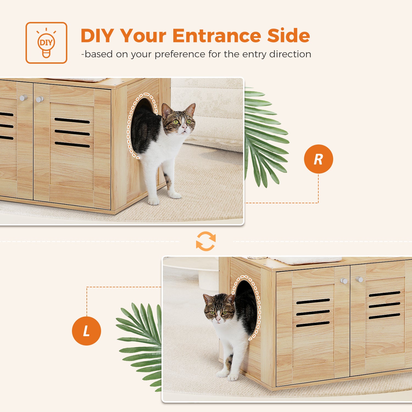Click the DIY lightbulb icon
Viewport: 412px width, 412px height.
point(46,43)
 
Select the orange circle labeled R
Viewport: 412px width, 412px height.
point(318,159)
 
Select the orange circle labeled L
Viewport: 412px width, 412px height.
point(86,331)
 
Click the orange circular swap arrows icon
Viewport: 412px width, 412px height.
point(206,241)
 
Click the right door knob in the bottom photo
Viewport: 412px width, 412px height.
point(360,280)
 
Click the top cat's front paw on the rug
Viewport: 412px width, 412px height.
point(154,201)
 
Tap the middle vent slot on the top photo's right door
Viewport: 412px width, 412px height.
point(72,133)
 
